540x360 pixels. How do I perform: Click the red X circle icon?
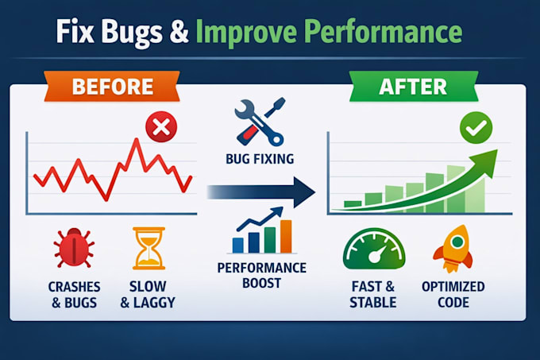pyautogui.click(x=161, y=127)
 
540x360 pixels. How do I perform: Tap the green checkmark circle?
pyautogui.click(x=476, y=127)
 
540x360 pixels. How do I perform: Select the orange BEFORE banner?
pyautogui.click(x=112, y=86)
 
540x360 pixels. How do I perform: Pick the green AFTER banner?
pyautogui.click(x=414, y=86)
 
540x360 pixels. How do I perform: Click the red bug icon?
pyautogui.click(x=74, y=246)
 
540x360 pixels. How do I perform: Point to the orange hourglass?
pyautogui.click(x=148, y=248)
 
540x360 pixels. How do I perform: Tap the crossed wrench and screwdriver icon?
pyautogui.click(x=260, y=122)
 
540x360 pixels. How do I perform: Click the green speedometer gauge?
pyautogui.click(x=374, y=249)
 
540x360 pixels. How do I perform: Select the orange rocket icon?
pyautogui.click(x=453, y=248)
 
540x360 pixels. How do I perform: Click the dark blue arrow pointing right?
pyautogui.click(x=261, y=192)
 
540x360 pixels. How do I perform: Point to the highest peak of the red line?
pyautogui.click(x=137, y=139)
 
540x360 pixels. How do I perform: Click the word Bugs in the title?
pyautogui.click(x=132, y=33)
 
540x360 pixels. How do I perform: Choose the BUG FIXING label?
pyautogui.click(x=260, y=159)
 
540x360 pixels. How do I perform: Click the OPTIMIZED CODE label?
pyautogui.click(x=453, y=295)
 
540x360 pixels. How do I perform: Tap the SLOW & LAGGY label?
pyautogui.click(x=148, y=295)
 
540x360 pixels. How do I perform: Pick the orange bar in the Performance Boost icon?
pyautogui.click(x=286, y=237)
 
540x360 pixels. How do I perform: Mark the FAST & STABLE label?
pyautogui.click(x=373, y=295)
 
